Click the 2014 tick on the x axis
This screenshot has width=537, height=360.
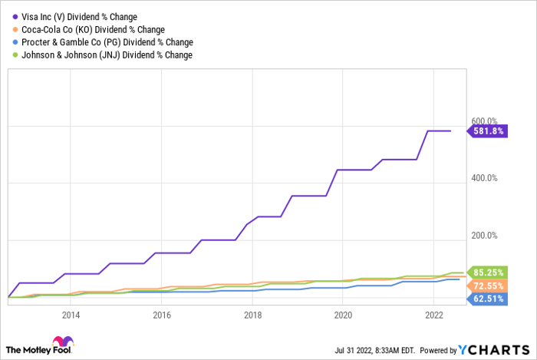point(70,315)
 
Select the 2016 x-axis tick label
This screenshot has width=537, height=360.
point(161,315)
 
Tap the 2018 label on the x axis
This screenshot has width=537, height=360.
point(252,315)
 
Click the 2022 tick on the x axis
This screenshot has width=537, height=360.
point(434,315)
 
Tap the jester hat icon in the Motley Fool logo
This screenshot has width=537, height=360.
point(60,342)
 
